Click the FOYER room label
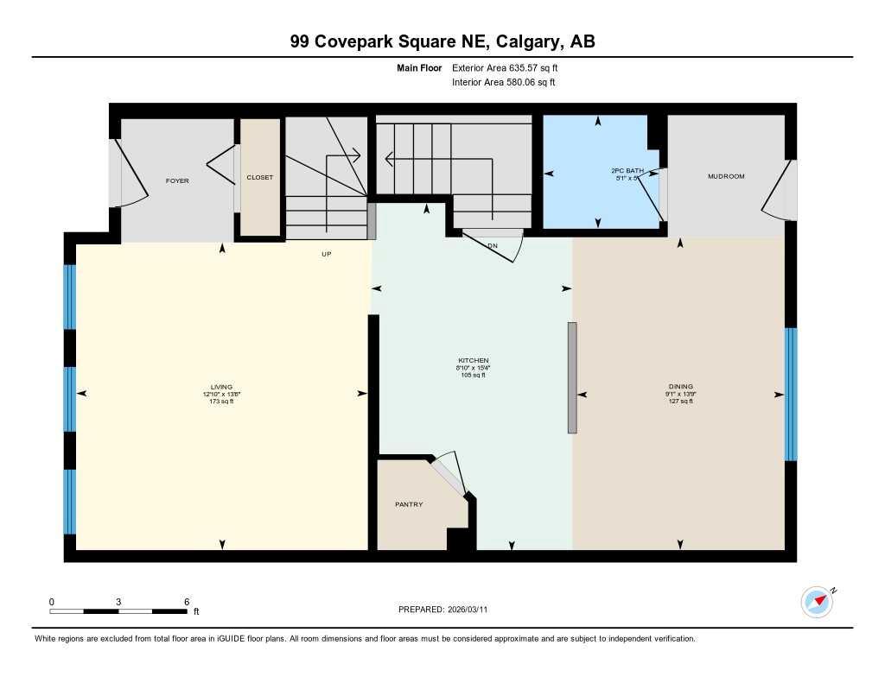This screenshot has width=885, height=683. tap(177, 180)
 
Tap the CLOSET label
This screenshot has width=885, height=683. tap(259, 178)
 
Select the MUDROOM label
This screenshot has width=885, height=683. tap(726, 176)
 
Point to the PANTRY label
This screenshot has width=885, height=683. tap(409, 504)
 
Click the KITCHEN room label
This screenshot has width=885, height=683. tap(474, 360)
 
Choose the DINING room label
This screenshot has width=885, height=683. tap(680, 386)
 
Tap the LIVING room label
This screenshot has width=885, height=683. tap(221, 387)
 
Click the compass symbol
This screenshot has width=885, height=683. tap(817, 602)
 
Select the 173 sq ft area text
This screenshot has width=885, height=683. tap(221, 402)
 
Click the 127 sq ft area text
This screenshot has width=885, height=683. tap(680, 401)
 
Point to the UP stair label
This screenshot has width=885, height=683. tap(327, 254)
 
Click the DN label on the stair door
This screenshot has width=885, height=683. tap(493, 245)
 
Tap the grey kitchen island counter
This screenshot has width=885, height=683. tap(571, 377)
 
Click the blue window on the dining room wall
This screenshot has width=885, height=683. tap(790, 394)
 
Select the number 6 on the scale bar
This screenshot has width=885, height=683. tap(186, 601)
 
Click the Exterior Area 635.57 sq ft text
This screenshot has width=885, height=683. tap(511, 67)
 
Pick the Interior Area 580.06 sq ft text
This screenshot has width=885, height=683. tap(503, 83)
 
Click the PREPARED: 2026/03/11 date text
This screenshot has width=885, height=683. tap(449, 610)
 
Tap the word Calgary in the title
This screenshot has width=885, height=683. tap(527, 41)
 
